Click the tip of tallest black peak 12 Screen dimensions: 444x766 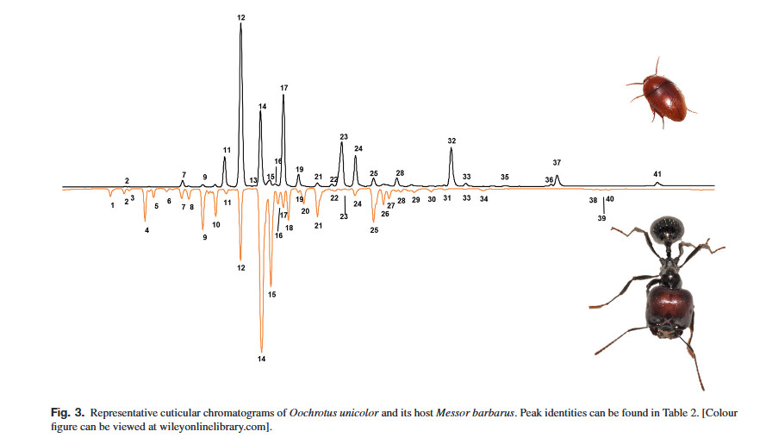coord(240,24)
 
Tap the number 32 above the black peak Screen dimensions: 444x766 coord(452,141)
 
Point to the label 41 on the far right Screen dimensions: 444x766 coord(657,173)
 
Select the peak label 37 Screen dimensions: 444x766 coord(557,162)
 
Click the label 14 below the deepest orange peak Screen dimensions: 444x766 coord(262,359)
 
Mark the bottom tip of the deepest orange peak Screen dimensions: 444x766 coord(262,348)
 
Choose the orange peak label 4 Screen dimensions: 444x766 coord(147,230)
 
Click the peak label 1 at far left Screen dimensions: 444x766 coord(112,204)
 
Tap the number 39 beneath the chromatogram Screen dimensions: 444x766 coord(602,219)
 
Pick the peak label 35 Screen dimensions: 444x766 coord(505,177)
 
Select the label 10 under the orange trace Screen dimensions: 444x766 coord(215,224)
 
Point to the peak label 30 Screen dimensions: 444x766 coord(432,199)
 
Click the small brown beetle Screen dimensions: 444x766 coord(662,92)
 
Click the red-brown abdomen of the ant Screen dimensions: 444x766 coord(669,311)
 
